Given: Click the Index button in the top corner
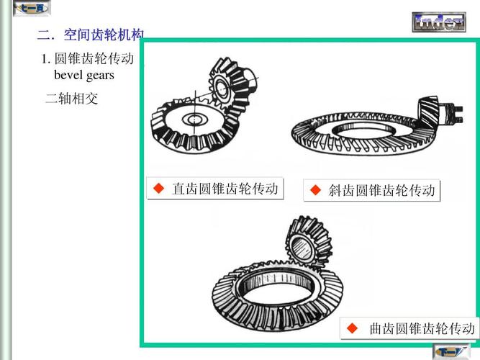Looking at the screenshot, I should tap(438, 22).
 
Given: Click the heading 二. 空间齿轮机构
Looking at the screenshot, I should tap(91, 35).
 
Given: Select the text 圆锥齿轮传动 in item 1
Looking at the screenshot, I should tap(94, 59).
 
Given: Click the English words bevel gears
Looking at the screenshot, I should tap(84, 75).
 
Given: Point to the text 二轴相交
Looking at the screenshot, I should tap(71, 99).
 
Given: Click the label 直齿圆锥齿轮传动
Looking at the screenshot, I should tap(225, 189).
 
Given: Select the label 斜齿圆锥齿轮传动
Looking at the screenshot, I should tap(381, 191).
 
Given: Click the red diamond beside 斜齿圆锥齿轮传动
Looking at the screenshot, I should tap(315, 190).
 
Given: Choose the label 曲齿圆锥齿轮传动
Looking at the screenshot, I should tap(422, 329).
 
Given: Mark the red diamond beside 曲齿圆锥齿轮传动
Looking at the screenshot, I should tap(353, 328).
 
